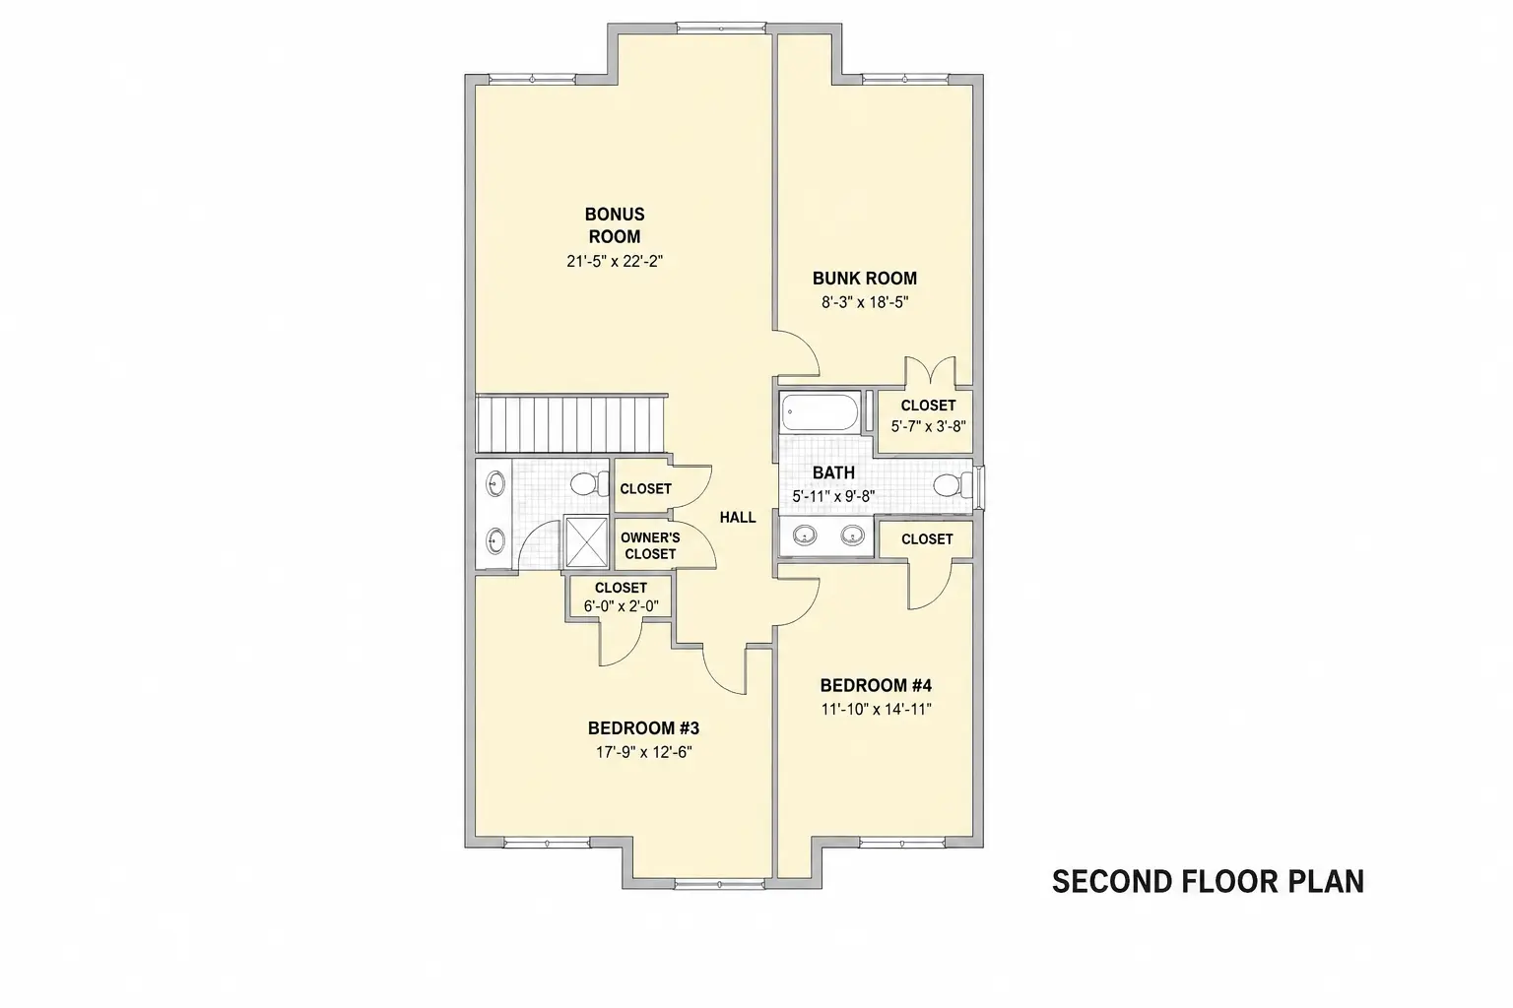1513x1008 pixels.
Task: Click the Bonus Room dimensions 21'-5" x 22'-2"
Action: [615, 261]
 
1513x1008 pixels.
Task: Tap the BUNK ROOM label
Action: [865, 279]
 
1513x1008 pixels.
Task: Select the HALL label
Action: [738, 517]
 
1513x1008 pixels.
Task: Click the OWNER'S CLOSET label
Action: [650, 545]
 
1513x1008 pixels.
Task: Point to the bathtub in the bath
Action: [820, 411]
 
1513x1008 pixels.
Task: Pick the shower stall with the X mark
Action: [587, 541]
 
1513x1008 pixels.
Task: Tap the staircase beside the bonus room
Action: [570, 423]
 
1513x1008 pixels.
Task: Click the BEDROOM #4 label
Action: [876, 686]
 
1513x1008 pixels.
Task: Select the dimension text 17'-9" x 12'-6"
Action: [643, 752]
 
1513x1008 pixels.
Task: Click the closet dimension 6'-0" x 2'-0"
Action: [621, 606]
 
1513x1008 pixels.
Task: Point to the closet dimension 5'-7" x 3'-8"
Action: [928, 426]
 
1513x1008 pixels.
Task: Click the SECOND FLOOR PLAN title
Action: [1209, 882]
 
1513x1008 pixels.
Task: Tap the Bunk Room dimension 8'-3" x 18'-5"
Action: [865, 302]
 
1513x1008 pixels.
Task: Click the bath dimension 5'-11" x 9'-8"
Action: [833, 496]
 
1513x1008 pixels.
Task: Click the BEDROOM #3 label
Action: [643, 728]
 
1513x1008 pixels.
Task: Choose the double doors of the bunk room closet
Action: [930, 371]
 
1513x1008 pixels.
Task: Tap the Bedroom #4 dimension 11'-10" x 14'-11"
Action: [876, 710]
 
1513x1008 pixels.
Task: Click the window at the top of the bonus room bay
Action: [721, 29]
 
